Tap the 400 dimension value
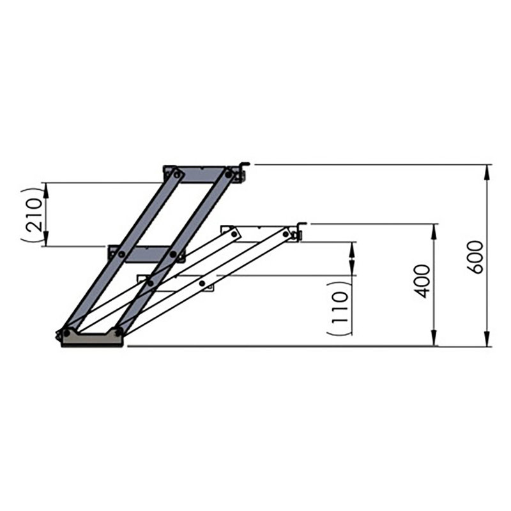click(422, 280)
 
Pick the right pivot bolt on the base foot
click(118, 332)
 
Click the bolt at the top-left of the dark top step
click(176, 173)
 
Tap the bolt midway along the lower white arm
click(202, 283)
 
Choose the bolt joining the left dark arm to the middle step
click(120, 253)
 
